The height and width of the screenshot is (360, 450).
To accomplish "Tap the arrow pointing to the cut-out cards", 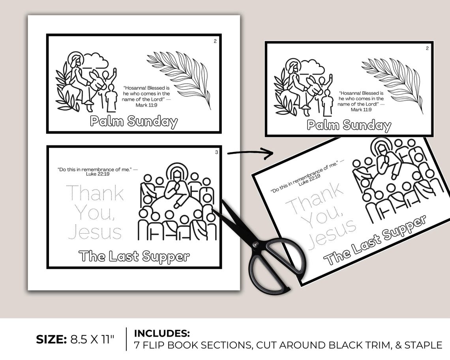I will (x=250, y=153).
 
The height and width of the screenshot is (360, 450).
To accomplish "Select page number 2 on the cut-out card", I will (x=427, y=49).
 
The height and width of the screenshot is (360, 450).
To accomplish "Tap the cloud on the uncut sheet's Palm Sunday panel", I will (x=95, y=60).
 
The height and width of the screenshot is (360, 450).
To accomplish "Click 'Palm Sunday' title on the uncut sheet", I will (x=134, y=121).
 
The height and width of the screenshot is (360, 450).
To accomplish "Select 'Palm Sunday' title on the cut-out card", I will (x=349, y=126).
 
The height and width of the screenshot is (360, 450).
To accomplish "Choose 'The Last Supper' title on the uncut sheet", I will (x=134, y=256).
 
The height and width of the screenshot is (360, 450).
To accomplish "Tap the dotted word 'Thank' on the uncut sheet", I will (x=94, y=193).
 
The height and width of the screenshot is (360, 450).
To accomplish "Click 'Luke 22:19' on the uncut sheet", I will (x=97, y=173).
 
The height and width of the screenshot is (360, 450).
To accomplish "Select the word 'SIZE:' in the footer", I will (x=51, y=339).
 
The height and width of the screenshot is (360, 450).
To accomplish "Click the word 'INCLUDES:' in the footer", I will (x=162, y=333).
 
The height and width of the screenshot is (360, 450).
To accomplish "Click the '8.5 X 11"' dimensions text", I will (x=93, y=339).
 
